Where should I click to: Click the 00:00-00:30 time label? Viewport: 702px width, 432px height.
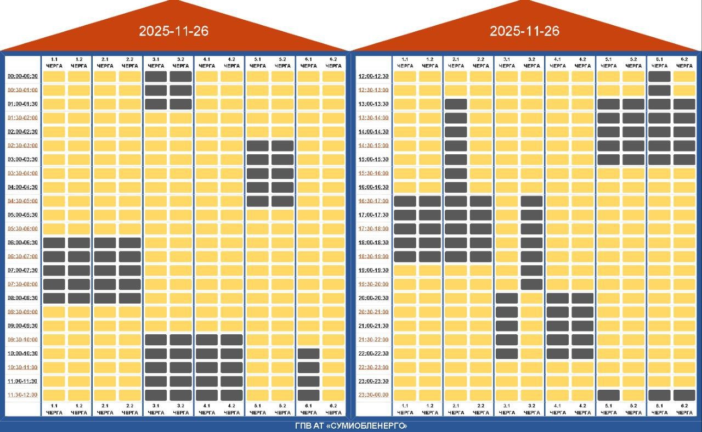[x=22, y=76]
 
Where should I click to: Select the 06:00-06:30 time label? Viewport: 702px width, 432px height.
[x=22, y=242]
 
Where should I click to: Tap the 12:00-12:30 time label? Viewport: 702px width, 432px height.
[x=373, y=76]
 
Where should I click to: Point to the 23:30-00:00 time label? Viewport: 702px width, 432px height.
[x=373, y=395]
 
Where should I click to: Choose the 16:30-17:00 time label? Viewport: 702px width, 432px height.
[x=373, y=201]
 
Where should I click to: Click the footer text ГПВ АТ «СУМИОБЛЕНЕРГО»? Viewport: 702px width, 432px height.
[x=351, y=426]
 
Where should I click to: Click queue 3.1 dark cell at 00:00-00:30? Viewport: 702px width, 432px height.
[x=156, y=76]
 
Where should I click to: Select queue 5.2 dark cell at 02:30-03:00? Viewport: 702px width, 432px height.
[x=282, y=145]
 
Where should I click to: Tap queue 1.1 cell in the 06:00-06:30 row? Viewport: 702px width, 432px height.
[x=54, y=243]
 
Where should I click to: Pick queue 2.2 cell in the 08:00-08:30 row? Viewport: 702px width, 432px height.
[x=130, y=298]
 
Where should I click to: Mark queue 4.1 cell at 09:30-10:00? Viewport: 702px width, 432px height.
[x=207, y=340]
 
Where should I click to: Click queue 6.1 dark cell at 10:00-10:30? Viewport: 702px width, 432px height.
[x=308, y=354]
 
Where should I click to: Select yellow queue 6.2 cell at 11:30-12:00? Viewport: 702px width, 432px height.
[x=333, y=395]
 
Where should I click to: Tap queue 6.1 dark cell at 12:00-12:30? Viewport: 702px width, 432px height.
[x=659, y=76]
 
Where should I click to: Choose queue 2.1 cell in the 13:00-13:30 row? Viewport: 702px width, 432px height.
[x=456, y=104]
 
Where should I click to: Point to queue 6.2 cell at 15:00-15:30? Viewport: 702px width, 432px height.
[x=684, y=159]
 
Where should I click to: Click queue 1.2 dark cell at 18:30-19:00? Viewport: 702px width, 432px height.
[x=430, y=256]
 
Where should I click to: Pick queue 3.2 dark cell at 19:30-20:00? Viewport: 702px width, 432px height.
[x=531, y=284]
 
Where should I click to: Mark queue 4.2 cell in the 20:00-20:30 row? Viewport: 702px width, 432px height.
[x=582, y=298]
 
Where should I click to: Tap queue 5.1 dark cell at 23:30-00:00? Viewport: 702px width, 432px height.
[x=608, y=395]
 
